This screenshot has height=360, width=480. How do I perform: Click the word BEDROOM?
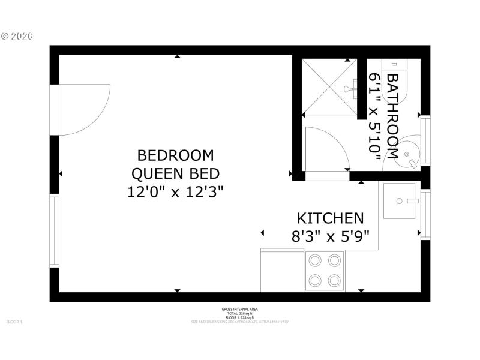click(x=175, y=156)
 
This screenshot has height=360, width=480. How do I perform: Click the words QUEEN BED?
click(x=175, y=174)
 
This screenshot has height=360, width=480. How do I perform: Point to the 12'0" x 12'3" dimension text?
click(x=175, y=192)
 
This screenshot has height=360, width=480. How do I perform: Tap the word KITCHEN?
click(x=330, y=218)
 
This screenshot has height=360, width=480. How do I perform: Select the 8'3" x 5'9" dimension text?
click(x=330, y=236)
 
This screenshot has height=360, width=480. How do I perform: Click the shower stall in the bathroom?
click(x=329, y=87)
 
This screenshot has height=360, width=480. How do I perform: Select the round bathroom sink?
click(x=410, y=154)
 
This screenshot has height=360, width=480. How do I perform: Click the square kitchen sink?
click(x=401, y=202)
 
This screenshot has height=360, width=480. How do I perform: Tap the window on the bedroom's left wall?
click(x=54, y=231)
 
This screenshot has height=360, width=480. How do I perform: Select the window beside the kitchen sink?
click(x=425, y=214)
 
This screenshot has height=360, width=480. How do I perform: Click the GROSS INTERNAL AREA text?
click(x=240, y=309)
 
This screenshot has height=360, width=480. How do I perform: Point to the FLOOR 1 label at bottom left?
click(x=14, y=322)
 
